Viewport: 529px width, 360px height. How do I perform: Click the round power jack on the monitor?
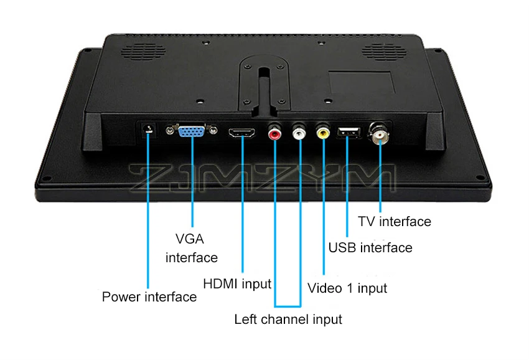[148, 129]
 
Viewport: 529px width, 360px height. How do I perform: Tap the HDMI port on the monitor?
[243, 133]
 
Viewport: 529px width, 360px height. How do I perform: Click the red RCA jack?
[274, 133]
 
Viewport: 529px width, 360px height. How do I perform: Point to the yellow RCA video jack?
[324, 132]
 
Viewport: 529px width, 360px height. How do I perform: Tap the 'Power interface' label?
[149, 296]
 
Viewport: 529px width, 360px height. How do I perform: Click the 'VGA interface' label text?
[191, 248]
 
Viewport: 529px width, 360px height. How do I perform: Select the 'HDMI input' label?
[237, 284]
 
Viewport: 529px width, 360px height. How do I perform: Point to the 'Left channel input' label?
[288, 320]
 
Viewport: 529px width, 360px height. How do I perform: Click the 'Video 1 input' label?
[348, 288]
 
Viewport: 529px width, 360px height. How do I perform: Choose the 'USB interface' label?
[370, 248]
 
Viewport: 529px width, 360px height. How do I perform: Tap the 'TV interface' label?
[395, 221]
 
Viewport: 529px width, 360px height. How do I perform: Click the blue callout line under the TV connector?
[379, 181]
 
